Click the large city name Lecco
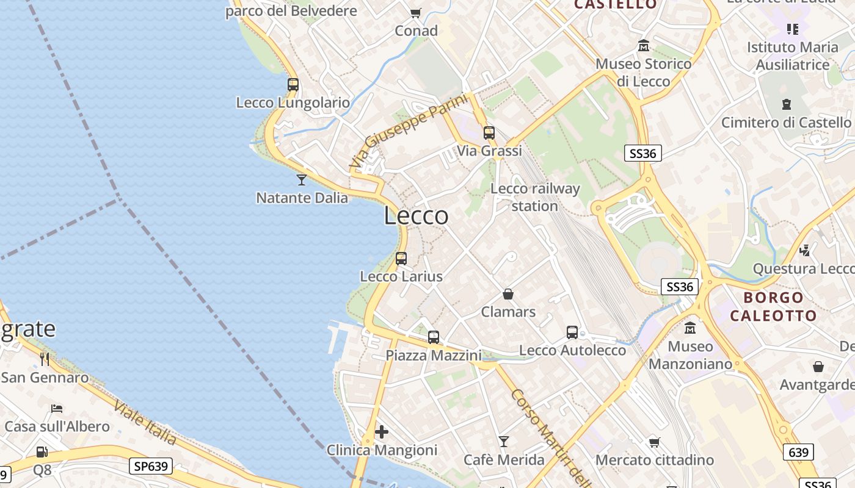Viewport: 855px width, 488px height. (417, 216)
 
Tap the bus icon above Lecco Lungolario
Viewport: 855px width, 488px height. (293, 85)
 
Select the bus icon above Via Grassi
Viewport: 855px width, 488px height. (489, 133)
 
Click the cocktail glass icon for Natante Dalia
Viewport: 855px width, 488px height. (301, 179)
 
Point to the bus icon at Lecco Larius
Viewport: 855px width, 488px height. (401, 259)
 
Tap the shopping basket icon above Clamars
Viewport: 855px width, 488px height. (508, 294)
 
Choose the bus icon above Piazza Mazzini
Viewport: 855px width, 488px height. (434, 337)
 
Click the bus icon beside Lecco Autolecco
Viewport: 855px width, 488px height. (572, 332)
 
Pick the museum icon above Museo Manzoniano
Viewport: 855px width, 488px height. (690, 328)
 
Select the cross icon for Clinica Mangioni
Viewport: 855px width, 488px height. (382, 432)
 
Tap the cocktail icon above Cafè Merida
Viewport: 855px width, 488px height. (504, 441)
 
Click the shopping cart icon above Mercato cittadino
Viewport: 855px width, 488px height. (655, 442)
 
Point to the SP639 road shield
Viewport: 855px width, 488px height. (150, 467)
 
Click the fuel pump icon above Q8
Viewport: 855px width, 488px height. (42, 452)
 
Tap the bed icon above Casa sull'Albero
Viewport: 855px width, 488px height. (57, 408)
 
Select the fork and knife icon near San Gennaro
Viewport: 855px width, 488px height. (44, 359)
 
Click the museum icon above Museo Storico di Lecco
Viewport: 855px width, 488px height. (644, 46)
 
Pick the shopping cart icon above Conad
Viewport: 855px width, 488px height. (416, 13)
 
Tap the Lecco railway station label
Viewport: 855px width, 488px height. (535, 197)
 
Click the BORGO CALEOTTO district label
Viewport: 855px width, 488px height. (773, 306)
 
